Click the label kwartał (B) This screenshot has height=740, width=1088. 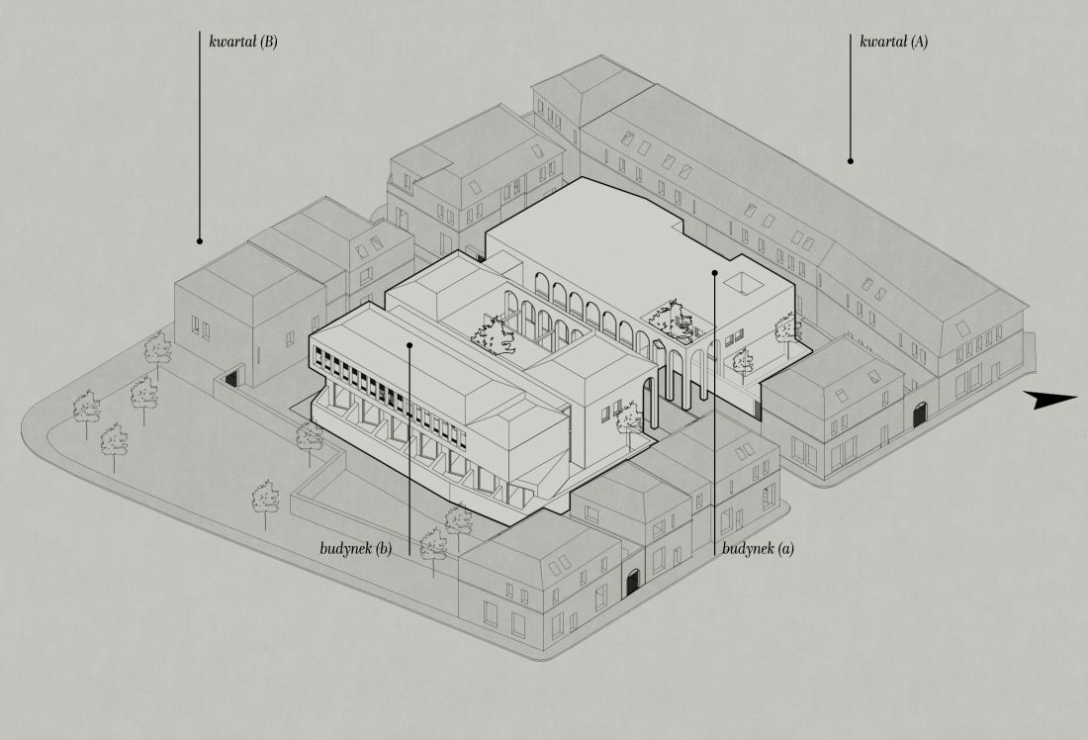pos(243,42)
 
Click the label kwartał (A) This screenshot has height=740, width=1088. pos(894,42)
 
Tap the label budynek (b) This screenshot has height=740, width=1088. pos(356,548)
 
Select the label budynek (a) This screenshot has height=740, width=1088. pos(758,548)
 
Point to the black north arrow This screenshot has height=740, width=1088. pos(1050,399)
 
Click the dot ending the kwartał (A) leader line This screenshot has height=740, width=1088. pos(851,161)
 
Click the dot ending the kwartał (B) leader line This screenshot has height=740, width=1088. pos(200,241)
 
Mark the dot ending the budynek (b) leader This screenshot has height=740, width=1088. pos(409,344)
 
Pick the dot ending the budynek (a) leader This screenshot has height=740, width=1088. pos(715,273)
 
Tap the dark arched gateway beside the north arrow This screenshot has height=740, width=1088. pos(920,415)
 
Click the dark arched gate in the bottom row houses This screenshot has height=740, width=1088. pos(632,582)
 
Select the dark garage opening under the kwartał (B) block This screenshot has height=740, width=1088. pos(231,379)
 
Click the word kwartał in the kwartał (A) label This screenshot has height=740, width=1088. pos(883,42)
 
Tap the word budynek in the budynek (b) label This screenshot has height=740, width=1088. pos(346,548)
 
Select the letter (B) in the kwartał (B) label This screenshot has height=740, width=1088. pos(268,42)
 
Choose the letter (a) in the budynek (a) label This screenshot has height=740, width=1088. pos(786,549)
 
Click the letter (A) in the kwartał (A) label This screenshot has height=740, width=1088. pos(920,42)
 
